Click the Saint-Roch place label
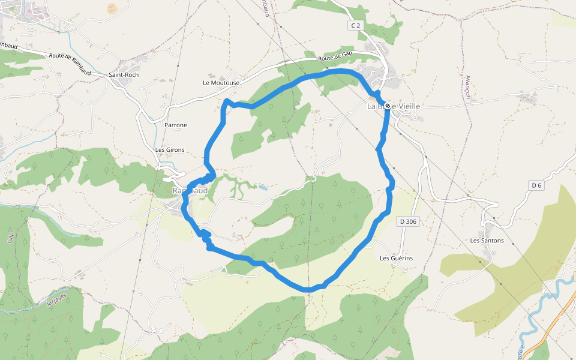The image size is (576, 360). (x=123, y=74)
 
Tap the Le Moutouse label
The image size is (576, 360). (x=221, y=83)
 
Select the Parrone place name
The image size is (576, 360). (x=176, y=125)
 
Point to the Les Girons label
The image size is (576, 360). (x=170, y=149)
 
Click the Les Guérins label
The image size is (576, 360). (x=396, y=258)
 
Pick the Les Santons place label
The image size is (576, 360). (x=487, y=241)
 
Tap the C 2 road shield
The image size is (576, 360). (x=356, y=25)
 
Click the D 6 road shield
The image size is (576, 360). (x=536, y=185)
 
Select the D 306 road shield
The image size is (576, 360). (x=407, y=221)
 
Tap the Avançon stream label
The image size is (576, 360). (x=468, y=87)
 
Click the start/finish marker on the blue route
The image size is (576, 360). (x=388, y=106)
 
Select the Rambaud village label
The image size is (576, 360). (x=190, y=191)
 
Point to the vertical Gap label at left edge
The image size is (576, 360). (x=10, y=236)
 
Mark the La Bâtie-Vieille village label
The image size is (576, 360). (x=394, y=106)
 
